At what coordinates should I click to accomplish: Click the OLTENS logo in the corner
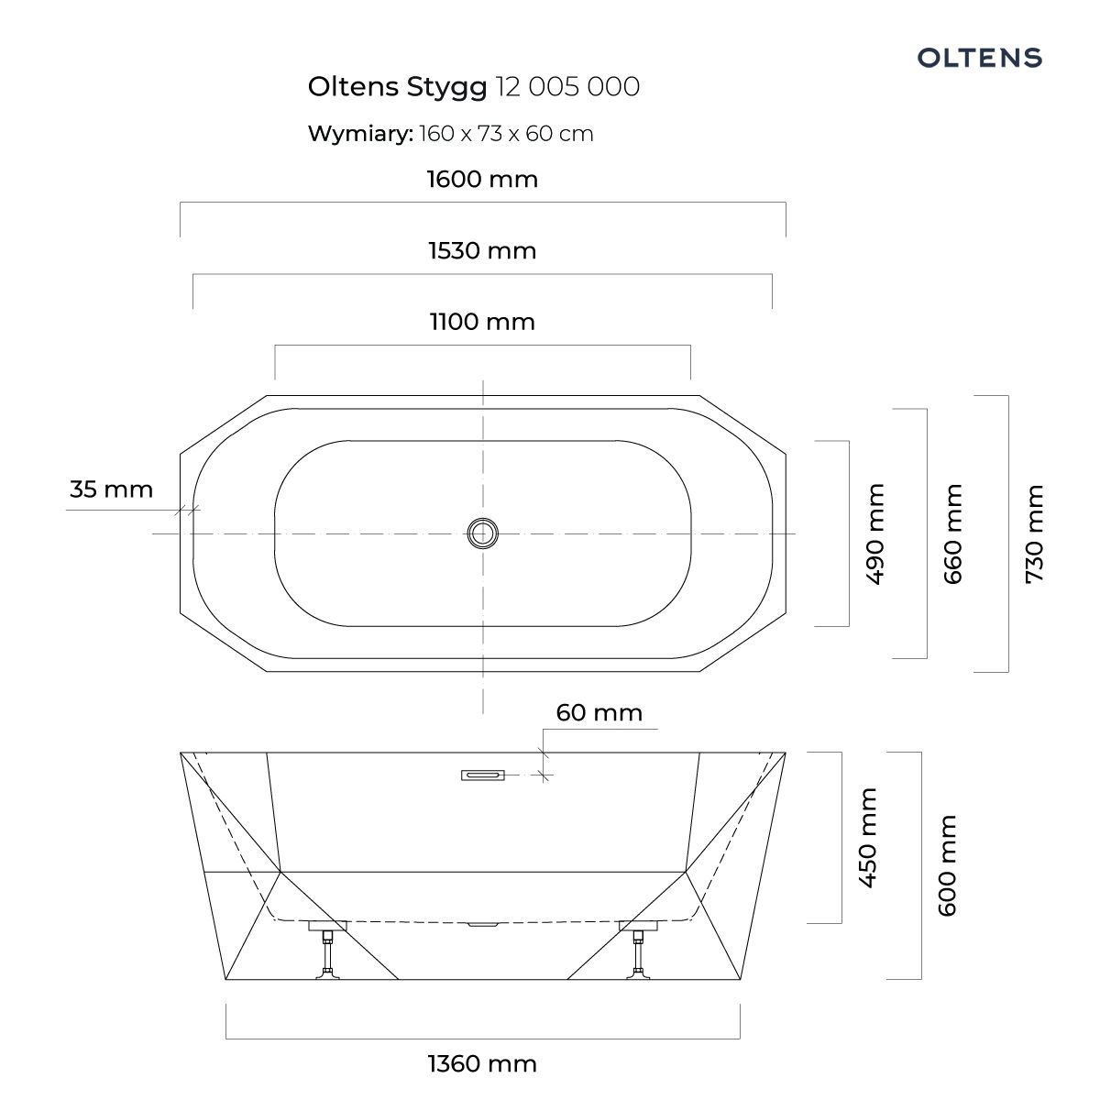pos(980,58)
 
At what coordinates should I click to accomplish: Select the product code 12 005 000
pos(567,87)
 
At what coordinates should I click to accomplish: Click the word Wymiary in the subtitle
pos(360,134)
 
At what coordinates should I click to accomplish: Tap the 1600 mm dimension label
pos(482,179)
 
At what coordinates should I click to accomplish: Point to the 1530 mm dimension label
pos(482,250)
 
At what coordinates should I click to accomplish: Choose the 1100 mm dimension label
pos(482,322)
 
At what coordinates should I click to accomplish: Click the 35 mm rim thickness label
pos(111,489)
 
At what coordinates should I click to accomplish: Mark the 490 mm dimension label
pos(875,533)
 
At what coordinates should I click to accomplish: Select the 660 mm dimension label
pos(954,533)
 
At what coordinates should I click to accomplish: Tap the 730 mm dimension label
pos(1034,533)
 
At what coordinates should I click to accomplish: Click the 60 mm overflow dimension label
pos(599,712)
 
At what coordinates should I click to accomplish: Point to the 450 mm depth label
pos(868,837)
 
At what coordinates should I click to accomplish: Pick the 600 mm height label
pos(947,865)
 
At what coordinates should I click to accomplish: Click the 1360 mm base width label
pos(482,1063)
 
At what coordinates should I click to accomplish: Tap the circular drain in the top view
pos(483,533)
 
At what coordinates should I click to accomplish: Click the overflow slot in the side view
pos(482,775)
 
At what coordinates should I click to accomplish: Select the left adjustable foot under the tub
pos(327,953)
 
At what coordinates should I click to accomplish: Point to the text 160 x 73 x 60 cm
pos(507,134)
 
